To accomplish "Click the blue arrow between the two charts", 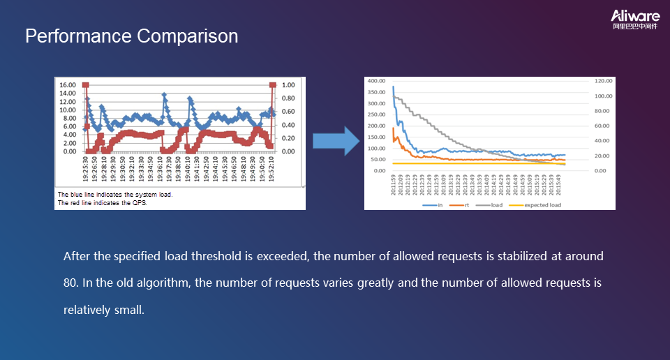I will coord(335,142).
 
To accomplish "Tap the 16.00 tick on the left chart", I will coord(68,85).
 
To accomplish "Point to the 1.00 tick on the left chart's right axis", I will coord(288,85).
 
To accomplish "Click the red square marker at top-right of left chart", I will coord(272,85).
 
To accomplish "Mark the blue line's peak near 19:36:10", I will coord(164,95).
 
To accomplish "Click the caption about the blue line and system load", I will coord(114,195).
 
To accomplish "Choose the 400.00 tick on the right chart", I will coord(376,81).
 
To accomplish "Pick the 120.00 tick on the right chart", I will coord(602,81).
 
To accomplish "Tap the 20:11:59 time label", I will coord(394,188).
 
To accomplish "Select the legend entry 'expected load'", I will coord(542,205).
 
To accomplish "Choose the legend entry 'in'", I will coord(440,205).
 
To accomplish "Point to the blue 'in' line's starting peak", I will coord(394,87).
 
